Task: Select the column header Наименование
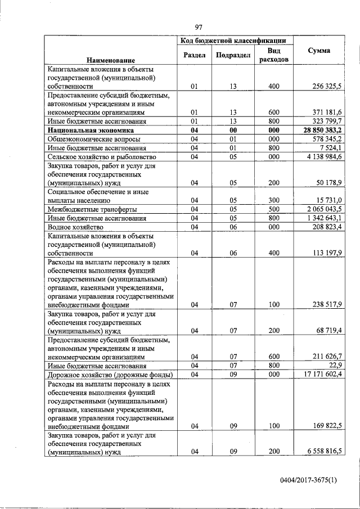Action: (111, 60)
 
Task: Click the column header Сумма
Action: (319, 51)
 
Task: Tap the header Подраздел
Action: (233, 55)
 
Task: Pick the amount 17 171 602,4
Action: (321, 375)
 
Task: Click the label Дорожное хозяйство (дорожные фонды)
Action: (110, 375)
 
